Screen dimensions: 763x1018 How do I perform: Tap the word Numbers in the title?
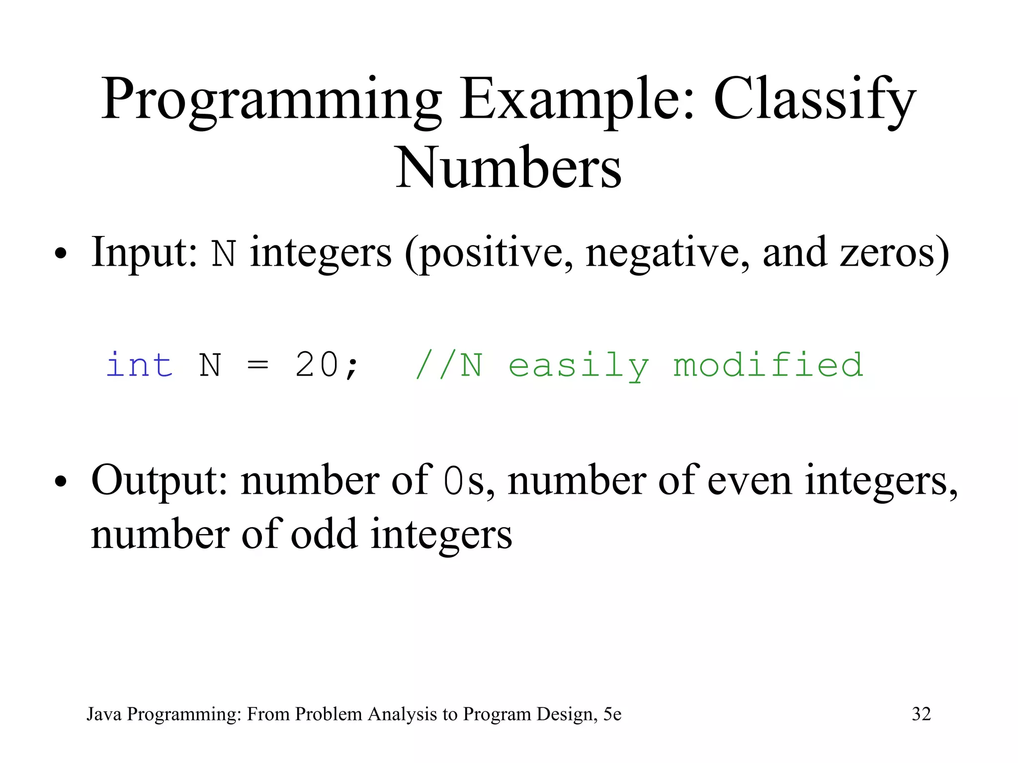[x=508, y=169]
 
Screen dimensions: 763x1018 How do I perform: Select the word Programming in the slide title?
[x=271, y=99]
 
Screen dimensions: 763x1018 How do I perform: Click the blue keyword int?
[x=140, y=365]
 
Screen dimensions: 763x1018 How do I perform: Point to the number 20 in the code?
[x=317, y=365]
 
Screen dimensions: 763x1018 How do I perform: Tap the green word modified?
[x=768, y=365]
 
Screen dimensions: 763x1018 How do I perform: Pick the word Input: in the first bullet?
[x=145, y=252]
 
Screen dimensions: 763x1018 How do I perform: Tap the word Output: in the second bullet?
[x=160, y=480]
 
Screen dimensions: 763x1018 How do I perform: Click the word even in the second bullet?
[x=749, y=480]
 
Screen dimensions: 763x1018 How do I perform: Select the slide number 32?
[x=921, y=714]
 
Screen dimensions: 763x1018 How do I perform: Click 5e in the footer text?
[x=612, y=714]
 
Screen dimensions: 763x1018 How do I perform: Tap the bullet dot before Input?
[x=61, y=254]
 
